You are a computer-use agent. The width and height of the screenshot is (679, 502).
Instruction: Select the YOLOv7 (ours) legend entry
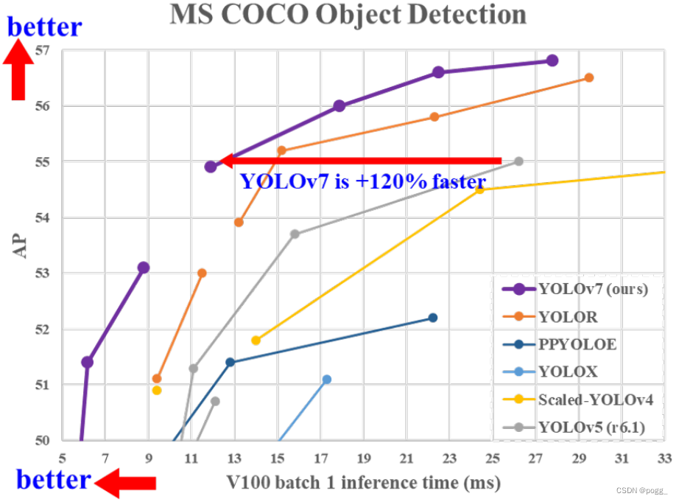[x=575, y=289]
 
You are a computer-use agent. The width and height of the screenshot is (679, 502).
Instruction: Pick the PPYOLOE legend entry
[x=560, y=345]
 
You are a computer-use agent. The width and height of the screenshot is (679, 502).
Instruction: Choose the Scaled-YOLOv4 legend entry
[x=578, y=400]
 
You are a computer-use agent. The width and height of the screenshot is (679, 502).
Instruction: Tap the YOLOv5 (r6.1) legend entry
[x=574, y=428]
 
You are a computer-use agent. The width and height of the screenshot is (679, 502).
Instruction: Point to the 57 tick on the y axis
[x=42, y=51]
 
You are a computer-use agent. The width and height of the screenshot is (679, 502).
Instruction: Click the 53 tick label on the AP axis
[x=42, y=273]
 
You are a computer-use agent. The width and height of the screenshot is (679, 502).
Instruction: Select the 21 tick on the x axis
[x=407, y=459]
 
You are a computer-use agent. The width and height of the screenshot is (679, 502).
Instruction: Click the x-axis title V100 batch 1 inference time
[x=363, y=483]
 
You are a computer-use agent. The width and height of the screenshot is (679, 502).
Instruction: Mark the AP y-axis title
[x=20, y=245]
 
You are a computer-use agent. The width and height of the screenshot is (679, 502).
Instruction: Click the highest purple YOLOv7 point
[x=552, y=60]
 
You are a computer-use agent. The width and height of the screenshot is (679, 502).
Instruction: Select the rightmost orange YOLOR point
[x=589, y=77]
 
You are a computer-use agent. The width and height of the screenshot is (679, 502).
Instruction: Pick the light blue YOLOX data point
[x=327, y=380]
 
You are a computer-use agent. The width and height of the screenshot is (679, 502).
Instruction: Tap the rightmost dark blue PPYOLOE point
[x=432, y=318]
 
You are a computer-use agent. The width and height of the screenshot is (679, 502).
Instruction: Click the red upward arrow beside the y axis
[x=18, y=69]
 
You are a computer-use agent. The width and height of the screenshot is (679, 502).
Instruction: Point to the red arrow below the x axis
[x=125, y=483]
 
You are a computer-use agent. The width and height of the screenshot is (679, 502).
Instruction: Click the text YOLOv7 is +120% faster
[x=363, y=181]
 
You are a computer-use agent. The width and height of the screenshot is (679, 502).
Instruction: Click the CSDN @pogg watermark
[x=641, y=490]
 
